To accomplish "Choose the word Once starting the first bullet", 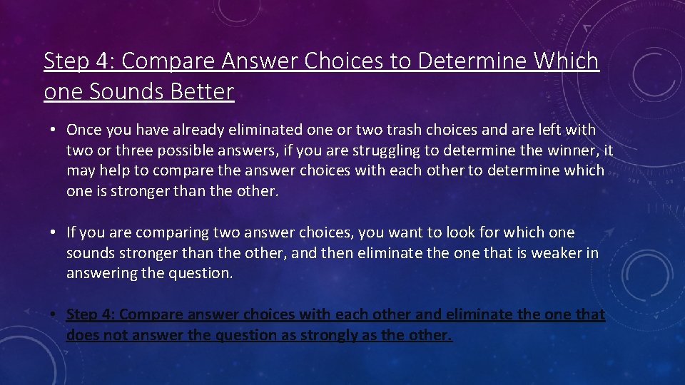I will coord(83,130).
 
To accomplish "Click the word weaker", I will coord(552,253).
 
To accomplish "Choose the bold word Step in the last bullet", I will coord(82,314).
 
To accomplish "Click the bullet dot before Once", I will coord(53,130).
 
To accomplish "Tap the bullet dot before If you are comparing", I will coord(53,233).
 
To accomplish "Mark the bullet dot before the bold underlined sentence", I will coord(53,314).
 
